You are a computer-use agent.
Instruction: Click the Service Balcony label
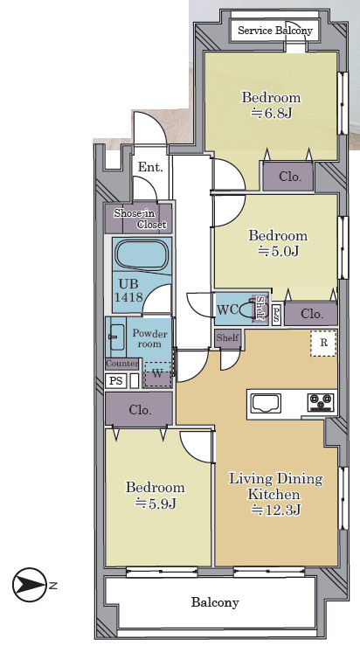274,31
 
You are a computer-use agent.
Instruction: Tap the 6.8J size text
272,113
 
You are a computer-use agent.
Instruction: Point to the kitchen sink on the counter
267,403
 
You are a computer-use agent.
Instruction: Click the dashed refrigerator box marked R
324,344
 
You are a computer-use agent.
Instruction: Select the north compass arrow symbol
30,585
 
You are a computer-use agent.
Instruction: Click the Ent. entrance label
150,167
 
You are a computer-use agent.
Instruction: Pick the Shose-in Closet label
140,219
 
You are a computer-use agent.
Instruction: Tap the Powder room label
149,338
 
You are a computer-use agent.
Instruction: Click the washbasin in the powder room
117,337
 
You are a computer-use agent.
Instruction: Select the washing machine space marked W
157,374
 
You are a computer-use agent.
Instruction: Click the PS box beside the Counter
116,380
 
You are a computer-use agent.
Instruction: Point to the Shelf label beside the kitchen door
227,337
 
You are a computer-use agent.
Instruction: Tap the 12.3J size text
276,510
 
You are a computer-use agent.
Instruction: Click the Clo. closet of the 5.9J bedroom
139,409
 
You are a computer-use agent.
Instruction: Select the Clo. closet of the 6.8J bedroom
289,177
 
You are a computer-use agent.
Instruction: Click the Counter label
122,364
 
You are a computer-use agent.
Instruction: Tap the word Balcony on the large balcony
215,602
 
